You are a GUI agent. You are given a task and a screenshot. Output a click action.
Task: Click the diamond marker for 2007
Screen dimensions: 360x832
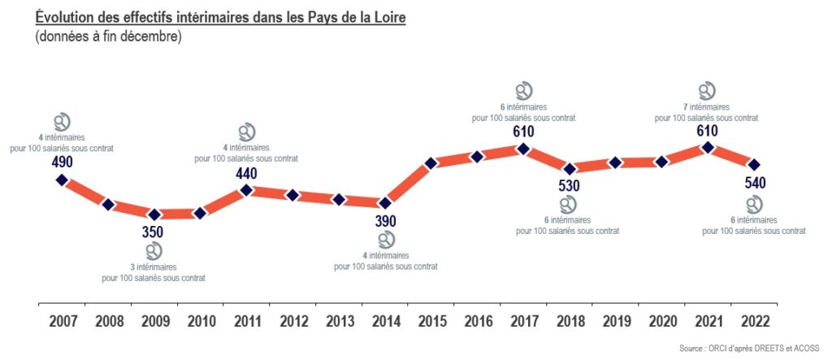[x=62, y=180]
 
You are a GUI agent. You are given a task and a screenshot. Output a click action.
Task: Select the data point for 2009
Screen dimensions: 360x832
[x=154, y=214]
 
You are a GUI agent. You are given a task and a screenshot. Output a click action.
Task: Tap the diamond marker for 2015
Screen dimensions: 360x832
[x=431, y=163]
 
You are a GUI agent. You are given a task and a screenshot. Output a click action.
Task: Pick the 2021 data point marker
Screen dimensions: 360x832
[x=708, y=147]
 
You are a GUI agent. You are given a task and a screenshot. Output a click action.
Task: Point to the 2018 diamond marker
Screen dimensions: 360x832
[x=570, y=169]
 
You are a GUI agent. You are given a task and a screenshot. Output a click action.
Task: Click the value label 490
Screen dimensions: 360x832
[x=62, y=162]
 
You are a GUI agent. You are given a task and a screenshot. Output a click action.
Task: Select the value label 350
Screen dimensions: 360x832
[x=153, y=232]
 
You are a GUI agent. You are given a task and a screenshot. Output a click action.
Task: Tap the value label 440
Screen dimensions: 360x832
[x=246, y=172]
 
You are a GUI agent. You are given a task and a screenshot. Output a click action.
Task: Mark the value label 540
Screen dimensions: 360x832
[x=755, y=182]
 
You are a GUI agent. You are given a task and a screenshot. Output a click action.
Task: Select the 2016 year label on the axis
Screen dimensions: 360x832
[x=477, y=321]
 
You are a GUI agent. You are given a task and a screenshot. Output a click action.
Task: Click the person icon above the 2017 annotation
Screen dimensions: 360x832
[x=524, y=90]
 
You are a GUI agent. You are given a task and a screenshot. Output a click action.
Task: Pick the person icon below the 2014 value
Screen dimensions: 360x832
[x=386, y=240]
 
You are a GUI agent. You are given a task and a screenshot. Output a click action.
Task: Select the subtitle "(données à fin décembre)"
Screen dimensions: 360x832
[x=108, y=37]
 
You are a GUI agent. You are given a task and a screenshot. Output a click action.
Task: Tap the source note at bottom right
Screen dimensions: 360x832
[x=749, y=348]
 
